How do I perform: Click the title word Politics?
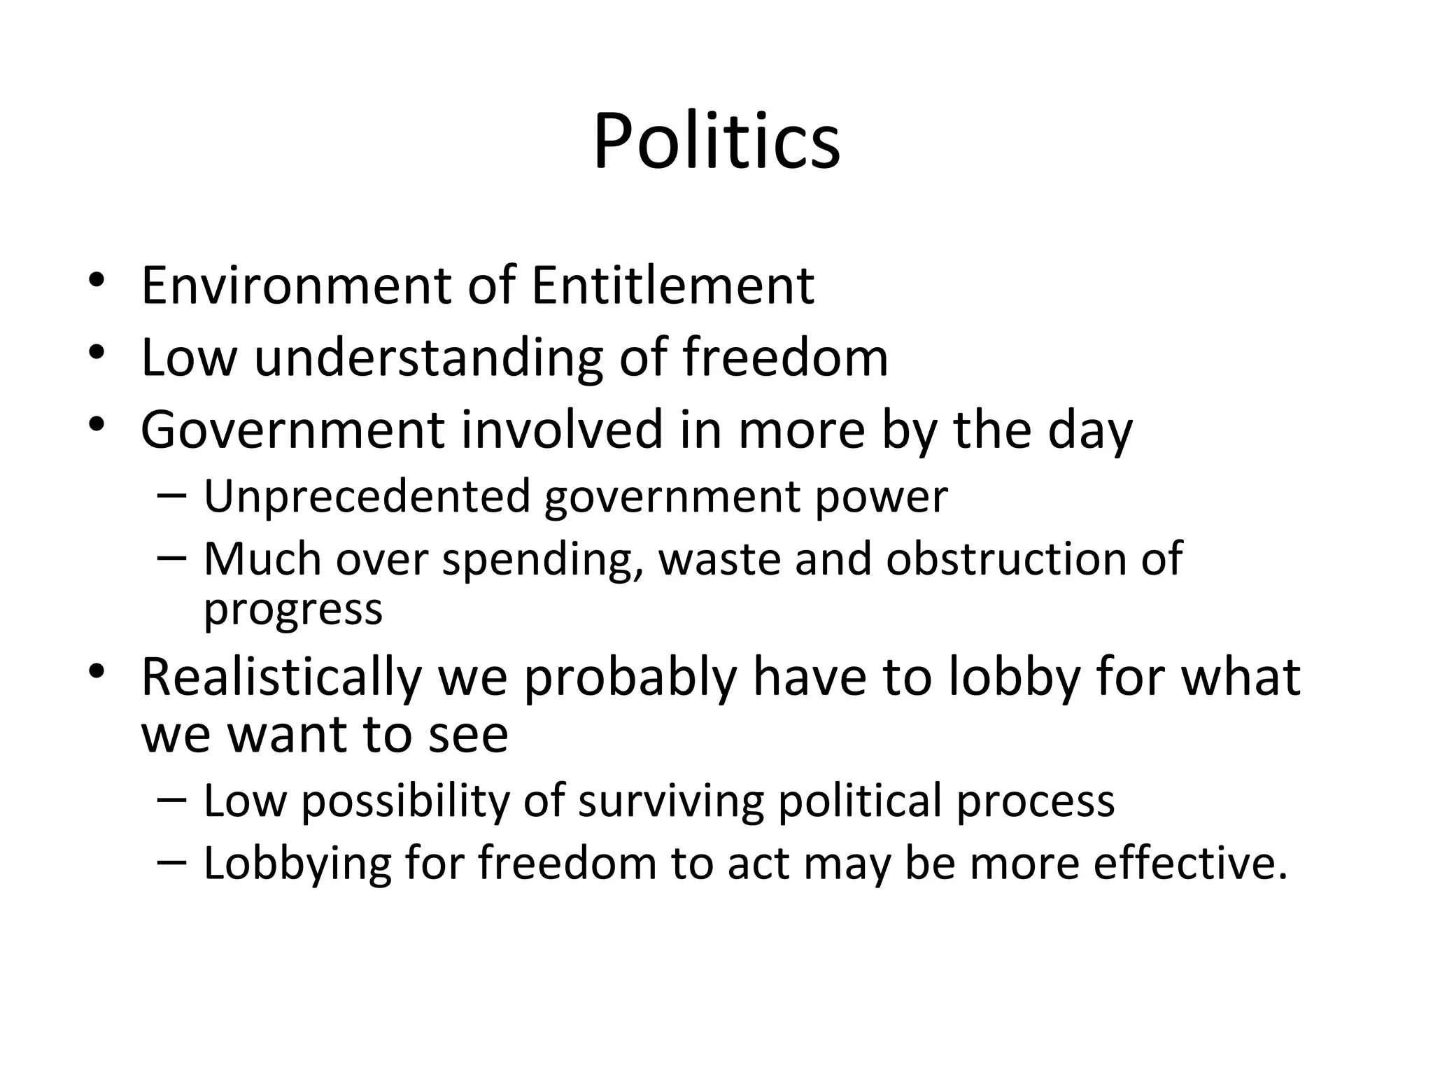tap(716, 141)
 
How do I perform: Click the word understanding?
tap(428, 358)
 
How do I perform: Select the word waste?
tap(720, 559)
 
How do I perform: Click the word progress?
tap(293, 610)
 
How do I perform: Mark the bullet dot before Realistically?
tap(97, 673)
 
